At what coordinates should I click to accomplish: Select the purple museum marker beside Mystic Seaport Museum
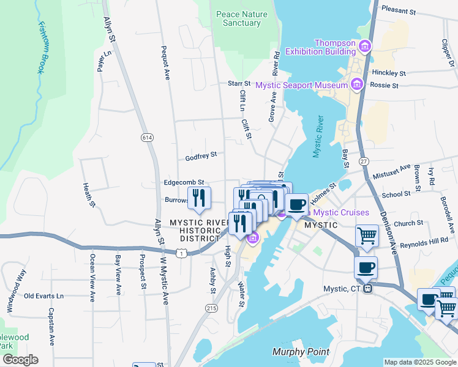[357, 84]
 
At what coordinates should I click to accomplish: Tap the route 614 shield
[146, 138]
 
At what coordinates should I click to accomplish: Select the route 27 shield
[364, 161]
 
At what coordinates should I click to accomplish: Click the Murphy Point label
[301, 352]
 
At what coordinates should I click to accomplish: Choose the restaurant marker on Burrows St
[199, 197]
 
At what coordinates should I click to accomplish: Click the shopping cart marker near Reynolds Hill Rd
[367, 235]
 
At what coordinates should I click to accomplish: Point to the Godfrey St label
[201, 157]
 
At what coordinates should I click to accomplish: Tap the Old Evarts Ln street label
[43, 296]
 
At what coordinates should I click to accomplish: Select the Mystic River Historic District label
[195, 230]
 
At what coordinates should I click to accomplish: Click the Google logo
[20, 360]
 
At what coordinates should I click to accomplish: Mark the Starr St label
[239, 83]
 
